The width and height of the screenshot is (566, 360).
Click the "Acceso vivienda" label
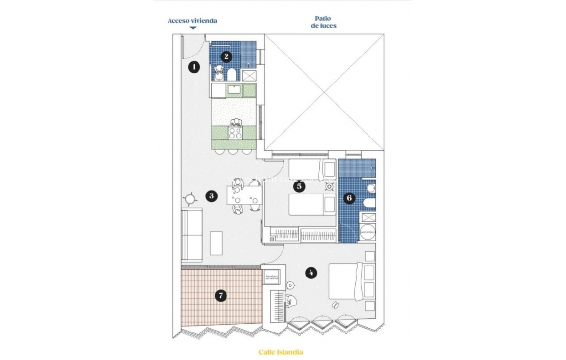(x=192, y=21)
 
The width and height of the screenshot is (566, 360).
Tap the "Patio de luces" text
(x=324, y=22)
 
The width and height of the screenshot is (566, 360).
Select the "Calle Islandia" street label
(x=281, y=352)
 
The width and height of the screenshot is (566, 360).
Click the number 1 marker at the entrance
(x=195, y=67)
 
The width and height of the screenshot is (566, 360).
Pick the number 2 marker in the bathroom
(x=226, y=56)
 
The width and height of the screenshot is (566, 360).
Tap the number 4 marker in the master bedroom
(x=310, y=273)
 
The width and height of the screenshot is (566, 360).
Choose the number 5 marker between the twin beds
(x=299, y=186)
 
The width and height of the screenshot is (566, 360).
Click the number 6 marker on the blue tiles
(x=349, y=198)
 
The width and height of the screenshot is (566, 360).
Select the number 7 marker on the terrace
(x=221, y=295)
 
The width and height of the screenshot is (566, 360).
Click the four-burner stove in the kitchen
(x=235, y=133)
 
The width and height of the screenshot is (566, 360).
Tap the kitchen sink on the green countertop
(x=233, y=90)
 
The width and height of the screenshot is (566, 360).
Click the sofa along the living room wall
(x=192, y=235)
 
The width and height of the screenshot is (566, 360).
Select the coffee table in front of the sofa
(x=216, y=243)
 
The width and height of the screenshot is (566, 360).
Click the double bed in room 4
(x=346, y=282)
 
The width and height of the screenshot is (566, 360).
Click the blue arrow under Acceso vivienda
(x=192, y=28)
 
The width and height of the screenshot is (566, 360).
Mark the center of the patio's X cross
(x=324, y=92)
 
